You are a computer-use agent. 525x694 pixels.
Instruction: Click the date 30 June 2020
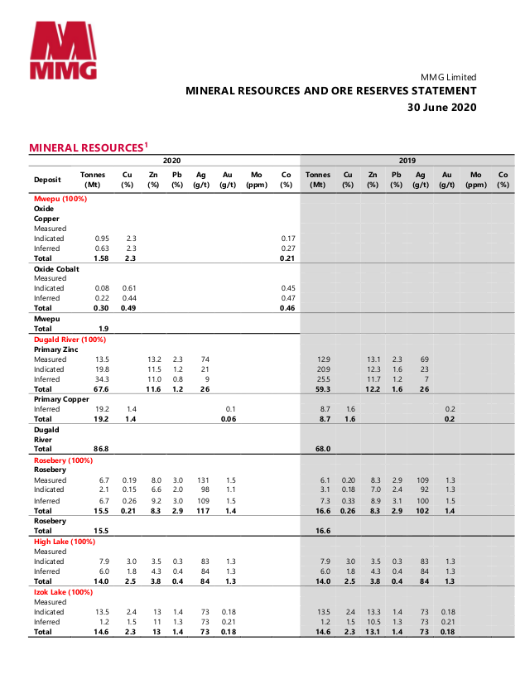(441, 108)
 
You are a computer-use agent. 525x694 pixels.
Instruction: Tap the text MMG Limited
(449, 77)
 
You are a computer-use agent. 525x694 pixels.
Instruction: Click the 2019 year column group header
(407, 161)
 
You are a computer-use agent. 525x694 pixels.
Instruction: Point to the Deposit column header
(47, 180)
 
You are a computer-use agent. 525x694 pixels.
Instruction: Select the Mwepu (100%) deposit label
(60, 199)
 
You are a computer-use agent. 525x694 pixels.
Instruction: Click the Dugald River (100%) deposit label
(70, 340)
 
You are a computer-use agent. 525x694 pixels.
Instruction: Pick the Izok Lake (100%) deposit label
(63, 592)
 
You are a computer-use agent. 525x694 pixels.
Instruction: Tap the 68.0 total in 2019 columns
(323, 449)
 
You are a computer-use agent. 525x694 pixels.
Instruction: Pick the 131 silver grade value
(200, 480)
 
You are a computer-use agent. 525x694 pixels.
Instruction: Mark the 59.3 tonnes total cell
(324, 389)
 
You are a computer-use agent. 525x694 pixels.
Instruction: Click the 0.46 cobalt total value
(287, 308)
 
